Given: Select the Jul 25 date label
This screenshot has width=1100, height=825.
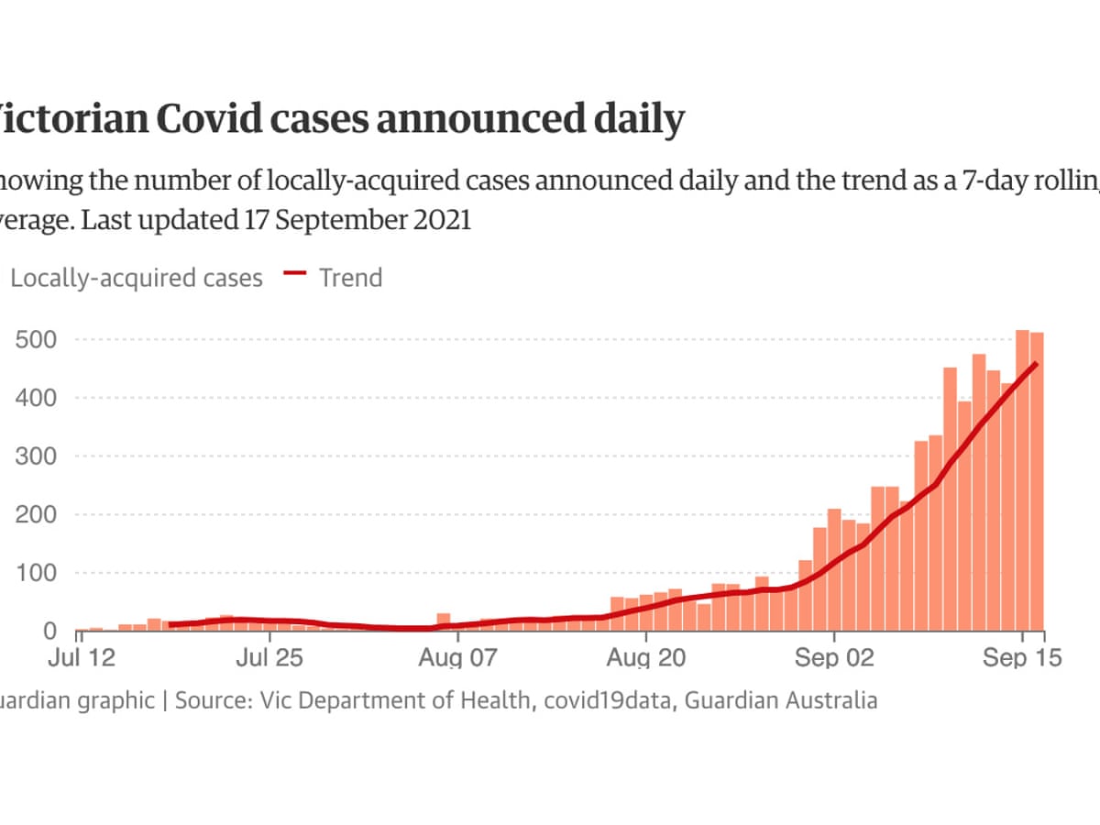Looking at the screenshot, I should (269, 658).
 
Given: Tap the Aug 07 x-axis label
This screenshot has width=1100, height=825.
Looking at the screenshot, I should (457, 658).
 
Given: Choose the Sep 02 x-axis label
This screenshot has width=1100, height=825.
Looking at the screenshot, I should (834, 658).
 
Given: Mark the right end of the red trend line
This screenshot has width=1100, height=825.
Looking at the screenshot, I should (1036, 364).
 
